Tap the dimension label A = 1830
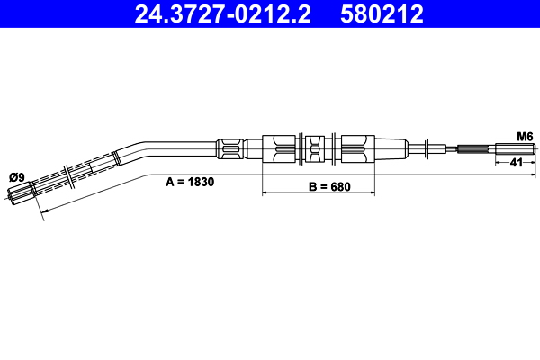point(189,181)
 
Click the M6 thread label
point(525,136)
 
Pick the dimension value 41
point(517,162)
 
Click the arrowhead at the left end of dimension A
point(42,212)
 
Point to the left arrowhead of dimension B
point(265,193)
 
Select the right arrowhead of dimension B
point(371,193)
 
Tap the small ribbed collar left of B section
point(229,147)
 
